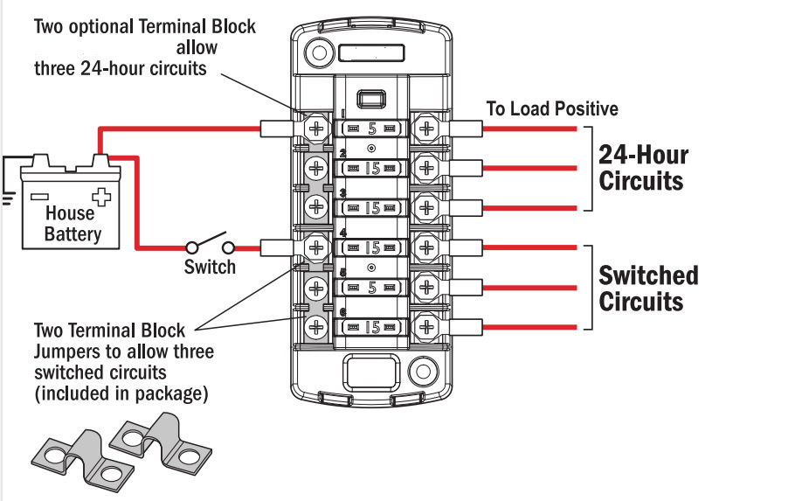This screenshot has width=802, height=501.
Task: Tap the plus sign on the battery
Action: (102, 195)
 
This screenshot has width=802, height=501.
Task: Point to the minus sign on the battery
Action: (39, 195)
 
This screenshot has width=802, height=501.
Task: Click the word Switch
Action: (210, 267)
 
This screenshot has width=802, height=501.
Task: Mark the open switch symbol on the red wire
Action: (210, 247)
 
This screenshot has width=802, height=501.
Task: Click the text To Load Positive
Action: (552, 109)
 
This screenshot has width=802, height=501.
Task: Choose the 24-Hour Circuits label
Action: (641, 168)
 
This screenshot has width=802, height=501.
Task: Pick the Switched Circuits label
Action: (648, 289)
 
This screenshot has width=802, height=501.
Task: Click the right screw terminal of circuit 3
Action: (426, 207)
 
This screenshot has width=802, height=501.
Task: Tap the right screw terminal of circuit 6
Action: (426, 327)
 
